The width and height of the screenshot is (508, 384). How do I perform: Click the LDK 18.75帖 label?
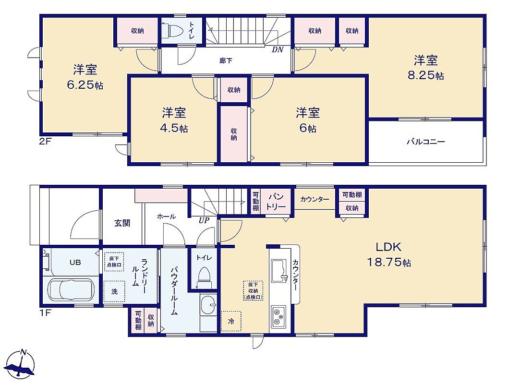[x=389, y=254]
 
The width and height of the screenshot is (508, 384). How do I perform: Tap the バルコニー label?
[x=426, y=142]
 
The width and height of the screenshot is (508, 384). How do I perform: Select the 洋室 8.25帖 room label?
[x=426, y=68]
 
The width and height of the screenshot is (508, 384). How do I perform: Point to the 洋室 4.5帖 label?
[x=174, y=120]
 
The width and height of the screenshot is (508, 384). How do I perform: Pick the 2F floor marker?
[x=45, y=142]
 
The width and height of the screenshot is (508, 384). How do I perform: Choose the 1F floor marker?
[x=45, y=313]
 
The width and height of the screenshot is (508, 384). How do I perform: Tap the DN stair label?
[x=278, y=49]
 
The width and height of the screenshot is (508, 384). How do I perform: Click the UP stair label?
[x=204, y=220]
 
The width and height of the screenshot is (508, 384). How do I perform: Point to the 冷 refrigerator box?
[x=230, y=321]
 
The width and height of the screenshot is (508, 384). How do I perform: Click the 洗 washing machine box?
[x=114, y=291]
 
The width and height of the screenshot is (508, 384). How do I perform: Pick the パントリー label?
[x=276, y=202]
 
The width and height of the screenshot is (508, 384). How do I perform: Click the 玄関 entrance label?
[x=122, y=223]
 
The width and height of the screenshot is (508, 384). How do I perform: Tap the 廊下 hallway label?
[x=226, y=60]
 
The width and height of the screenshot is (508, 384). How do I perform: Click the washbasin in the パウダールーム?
[x=208, y=306]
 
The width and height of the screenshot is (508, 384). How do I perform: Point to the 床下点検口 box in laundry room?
[x=114, y=262]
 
